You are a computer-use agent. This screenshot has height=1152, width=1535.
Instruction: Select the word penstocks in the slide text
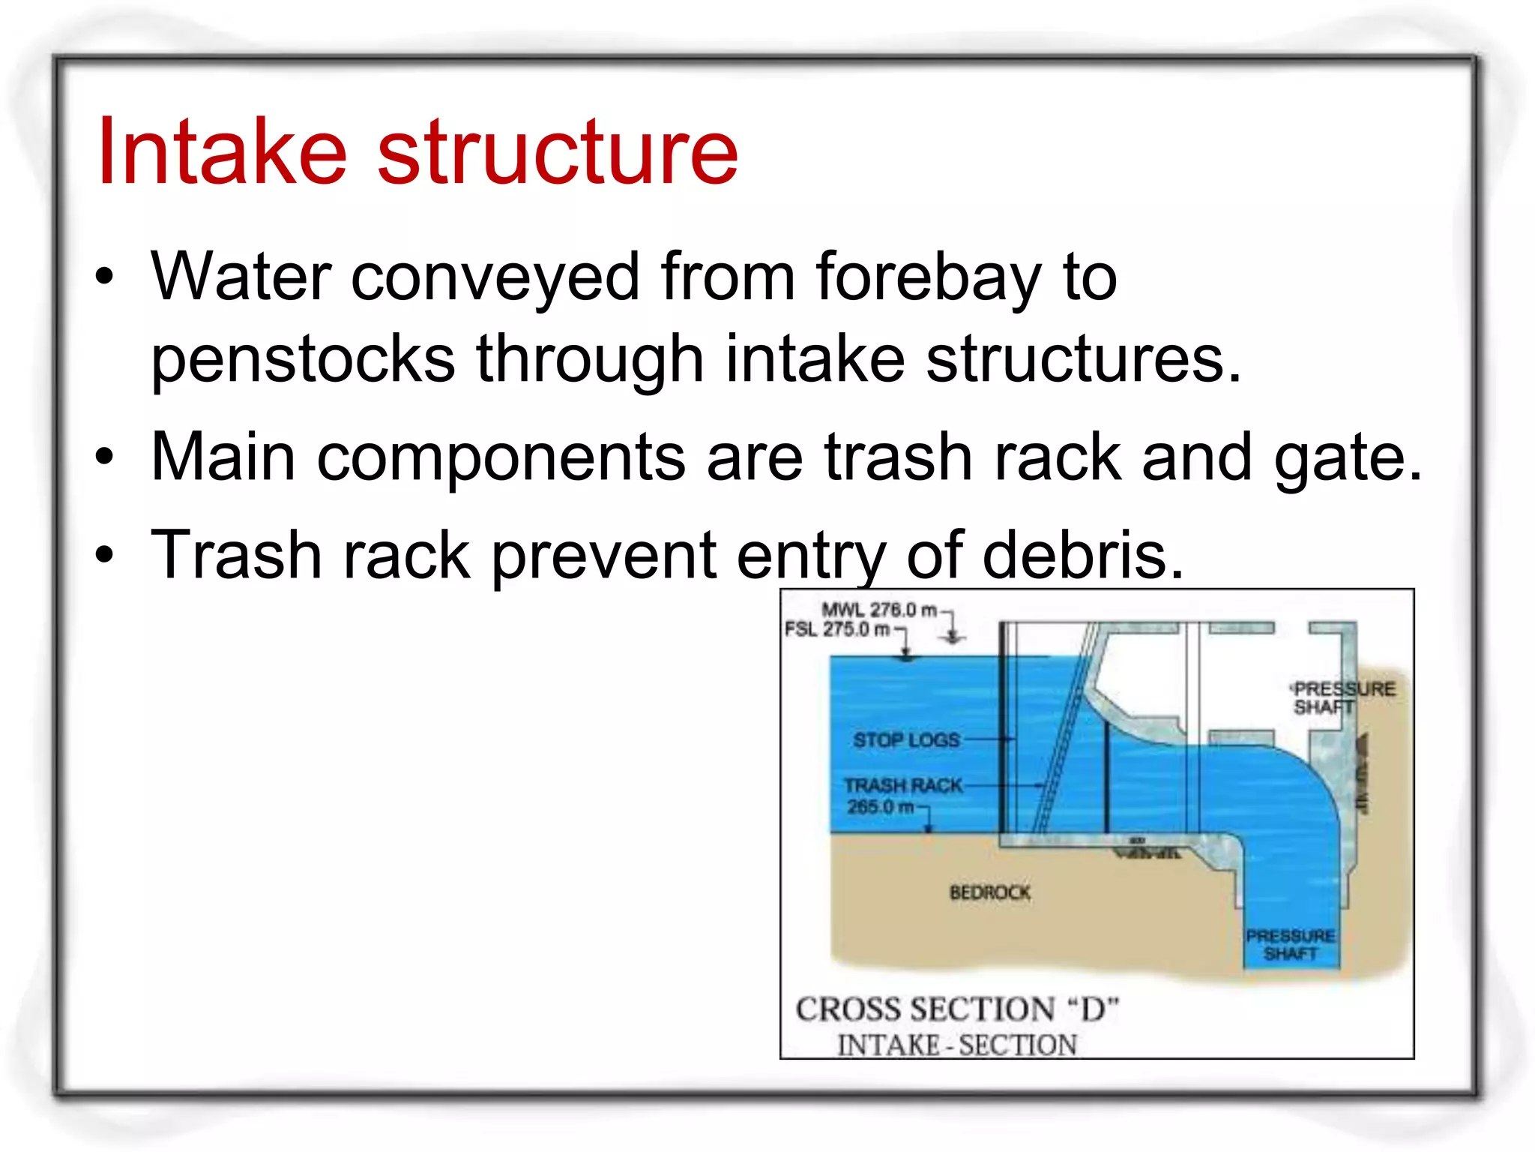(303, 359)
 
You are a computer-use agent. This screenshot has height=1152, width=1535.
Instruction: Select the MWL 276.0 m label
(878, 610)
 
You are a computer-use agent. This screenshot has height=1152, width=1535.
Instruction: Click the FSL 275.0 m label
(837, 629)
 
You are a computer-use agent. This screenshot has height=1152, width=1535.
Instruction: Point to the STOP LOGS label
(906, 740)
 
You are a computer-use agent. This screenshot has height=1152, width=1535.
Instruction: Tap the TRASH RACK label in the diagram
(903, 785)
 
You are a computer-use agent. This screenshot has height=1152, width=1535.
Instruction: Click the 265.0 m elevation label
(881, 807)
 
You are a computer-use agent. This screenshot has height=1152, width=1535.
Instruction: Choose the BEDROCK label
(989, 892)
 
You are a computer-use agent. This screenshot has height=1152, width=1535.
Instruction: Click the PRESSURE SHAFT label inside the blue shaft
(1290, 945)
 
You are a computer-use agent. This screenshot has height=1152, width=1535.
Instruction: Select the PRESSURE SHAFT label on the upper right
(1342, 698)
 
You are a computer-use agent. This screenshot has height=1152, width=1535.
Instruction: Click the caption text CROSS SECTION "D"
(957, 1009)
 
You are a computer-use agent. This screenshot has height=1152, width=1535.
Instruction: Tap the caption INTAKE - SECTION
(957, 1045)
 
